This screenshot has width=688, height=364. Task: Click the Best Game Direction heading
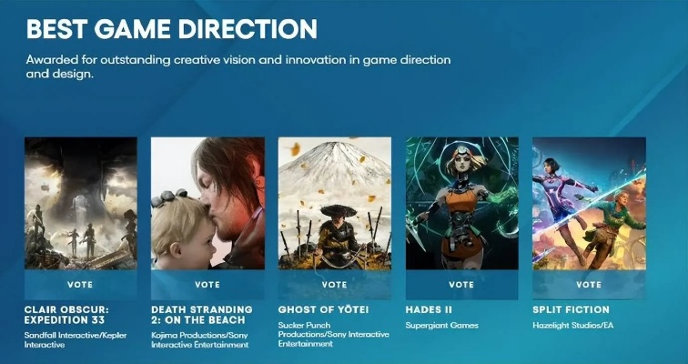(x=172, y=28)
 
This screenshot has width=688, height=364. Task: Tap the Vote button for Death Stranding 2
(x=207, y=284)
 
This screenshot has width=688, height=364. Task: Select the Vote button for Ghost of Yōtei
(x=334, y=284)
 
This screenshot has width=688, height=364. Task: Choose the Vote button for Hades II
(x=461, y=284)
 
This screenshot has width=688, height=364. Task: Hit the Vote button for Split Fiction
(x=589, y=284)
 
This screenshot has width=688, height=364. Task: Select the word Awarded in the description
(x=53, y=60)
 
